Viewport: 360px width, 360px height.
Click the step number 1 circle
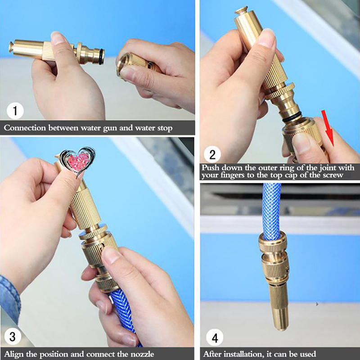15,111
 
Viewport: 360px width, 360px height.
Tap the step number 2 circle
212,154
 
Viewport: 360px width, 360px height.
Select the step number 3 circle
13,337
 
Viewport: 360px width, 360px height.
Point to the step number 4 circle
215,338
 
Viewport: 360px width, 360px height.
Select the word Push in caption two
210,168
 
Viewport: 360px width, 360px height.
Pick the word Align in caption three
14,354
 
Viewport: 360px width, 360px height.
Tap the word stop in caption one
165,128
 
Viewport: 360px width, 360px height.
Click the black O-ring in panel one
101,57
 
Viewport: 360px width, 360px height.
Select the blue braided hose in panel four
271,211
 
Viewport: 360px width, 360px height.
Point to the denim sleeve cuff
9,298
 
